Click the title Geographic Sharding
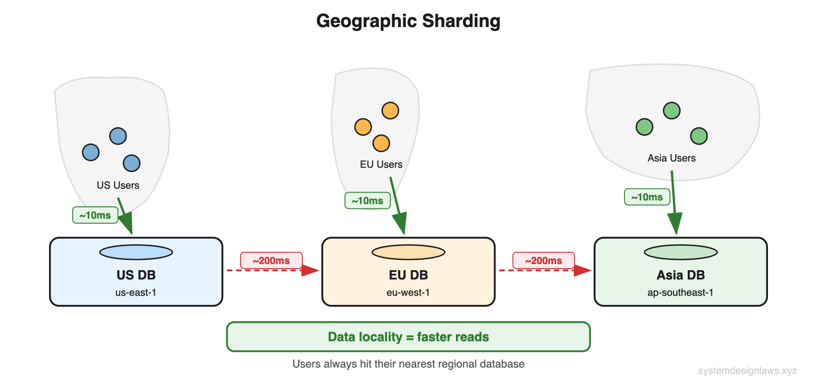tap(408, 21)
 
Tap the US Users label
tap(118, 185)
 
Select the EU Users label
tap(381, 164)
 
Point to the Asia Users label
tap(671, 158)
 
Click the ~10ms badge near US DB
tap(95, 216)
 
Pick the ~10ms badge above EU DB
tap(368, 201)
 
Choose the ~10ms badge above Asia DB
tap(647, 197)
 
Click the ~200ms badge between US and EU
tap(271, 260)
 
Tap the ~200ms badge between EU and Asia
tap(543, 260)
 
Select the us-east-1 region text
tap(136, 293)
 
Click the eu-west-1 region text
tap(408, 293)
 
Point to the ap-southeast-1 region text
tap(680, 293)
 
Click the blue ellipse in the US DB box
tap(136, 252)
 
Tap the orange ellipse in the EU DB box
tap(408, 252)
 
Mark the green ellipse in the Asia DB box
tap(681, 252)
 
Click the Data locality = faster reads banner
tap(408, 337)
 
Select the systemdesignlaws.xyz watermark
tap(747, 371)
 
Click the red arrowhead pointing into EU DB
tap(310, 270)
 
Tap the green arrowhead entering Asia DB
tap(675, 223)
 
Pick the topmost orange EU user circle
tap(390, 110)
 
